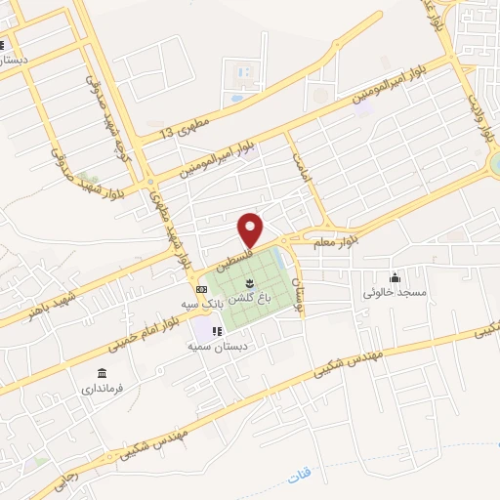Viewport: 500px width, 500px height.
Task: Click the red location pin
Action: pos(251,229)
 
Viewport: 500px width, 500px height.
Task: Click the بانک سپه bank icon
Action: pos(201,290)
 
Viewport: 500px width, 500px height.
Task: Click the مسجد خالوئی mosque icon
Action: pos(394,277)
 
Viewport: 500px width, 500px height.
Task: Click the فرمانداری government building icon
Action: pos(102,372)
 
